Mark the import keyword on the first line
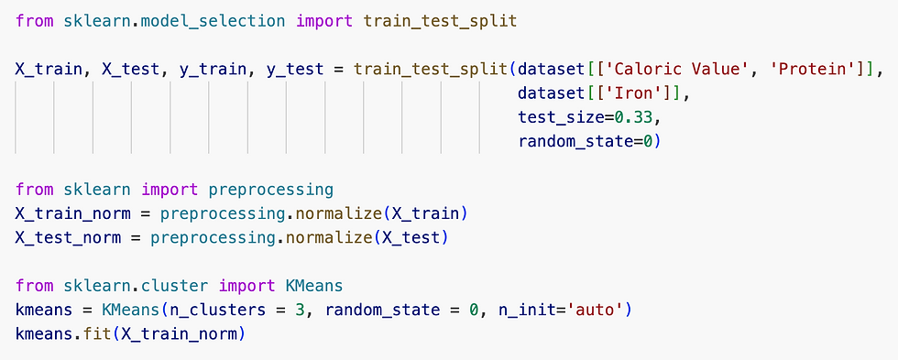pos(324,22)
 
